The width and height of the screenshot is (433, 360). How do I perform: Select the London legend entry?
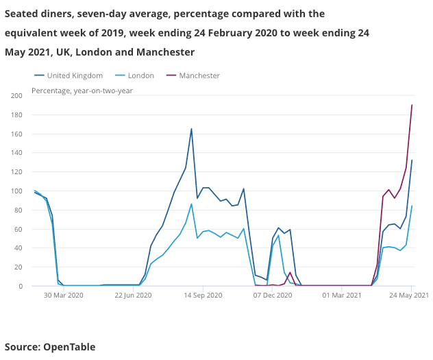click(140, 75)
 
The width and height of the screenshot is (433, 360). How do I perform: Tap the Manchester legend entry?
click(199, 75)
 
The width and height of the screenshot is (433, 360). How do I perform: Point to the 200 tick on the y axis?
click(16, 95)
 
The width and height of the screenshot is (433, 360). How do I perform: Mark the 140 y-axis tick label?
click(16, 153)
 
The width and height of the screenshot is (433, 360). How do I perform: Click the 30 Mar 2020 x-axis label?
click(63, 296)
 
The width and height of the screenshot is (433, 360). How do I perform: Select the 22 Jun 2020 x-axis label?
click(133, 296)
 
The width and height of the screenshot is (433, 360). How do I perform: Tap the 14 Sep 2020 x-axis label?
click(203, 296)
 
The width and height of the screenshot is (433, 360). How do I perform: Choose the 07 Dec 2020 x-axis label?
click(273, 296)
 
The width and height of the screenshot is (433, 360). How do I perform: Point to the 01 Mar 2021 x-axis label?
click(342, 296)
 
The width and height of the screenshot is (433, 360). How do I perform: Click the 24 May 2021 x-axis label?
click(410, 296)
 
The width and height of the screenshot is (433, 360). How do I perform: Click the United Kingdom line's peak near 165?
click(191, 129)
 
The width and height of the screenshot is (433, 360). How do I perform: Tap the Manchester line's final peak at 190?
click(412, 105)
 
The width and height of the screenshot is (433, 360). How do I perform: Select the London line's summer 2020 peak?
click(191, 204)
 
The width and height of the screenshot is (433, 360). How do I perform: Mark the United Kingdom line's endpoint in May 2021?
click(412, 160)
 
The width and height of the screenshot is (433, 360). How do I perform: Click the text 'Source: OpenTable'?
click(50, 347)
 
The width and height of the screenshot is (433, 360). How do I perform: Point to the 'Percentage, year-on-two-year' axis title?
click(82, 91)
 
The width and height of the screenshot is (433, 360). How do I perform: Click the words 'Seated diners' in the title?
click(38, 14)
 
